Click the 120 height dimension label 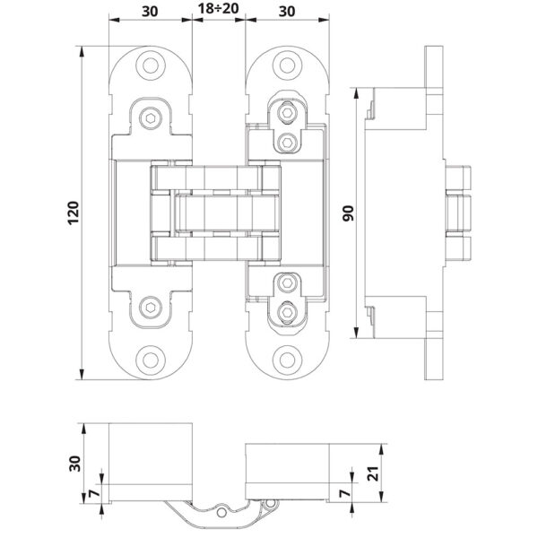coord(74,213)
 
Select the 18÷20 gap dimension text coord(218,9)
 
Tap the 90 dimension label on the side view coord(348,213)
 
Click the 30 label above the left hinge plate coord(150,12)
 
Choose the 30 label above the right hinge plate coord(287,12)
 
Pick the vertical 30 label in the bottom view coord(74,464)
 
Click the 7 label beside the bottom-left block coord(95,493)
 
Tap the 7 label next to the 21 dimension coord(345,493)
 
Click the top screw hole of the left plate coord(151,65)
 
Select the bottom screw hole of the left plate coord(151,360)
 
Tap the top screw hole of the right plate coord(287,65)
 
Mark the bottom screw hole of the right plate coord(287,360)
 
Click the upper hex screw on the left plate coord(151,118)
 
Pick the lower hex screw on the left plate coord(151,307)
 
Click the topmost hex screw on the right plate coord(286,112)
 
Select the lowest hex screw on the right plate coord(286,312)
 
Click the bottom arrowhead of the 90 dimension coord(357,333)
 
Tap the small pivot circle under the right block coord(271,503)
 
